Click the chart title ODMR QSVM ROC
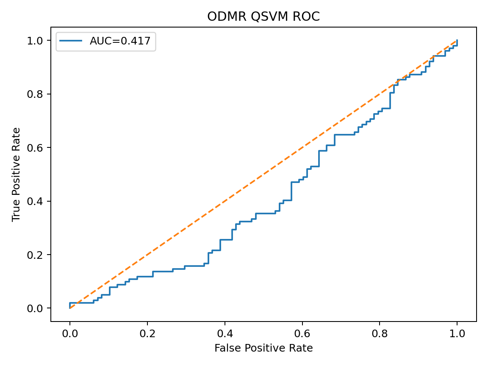pyautogui.click(x=263, y=17)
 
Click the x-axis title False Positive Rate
pyautogui.click(x=263, y=348)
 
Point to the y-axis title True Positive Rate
pyautogui.click(x=16, y=174)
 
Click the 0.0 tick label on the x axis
pyautogui.click(x=70, y=333)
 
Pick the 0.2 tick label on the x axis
pyautogui.click(x=147, y=333)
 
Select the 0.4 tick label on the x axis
pyautogui.click(x=225, y=333)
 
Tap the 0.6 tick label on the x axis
pyautogui.click(x=302, y=333)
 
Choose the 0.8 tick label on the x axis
pyautogui.click(x=380, y=333)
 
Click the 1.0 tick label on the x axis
pyautogui.click(x=457, y=333)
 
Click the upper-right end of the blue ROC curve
pyautogui.click(x=457, y=41)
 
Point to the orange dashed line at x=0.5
pyautogui.click(x=263, y=174)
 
